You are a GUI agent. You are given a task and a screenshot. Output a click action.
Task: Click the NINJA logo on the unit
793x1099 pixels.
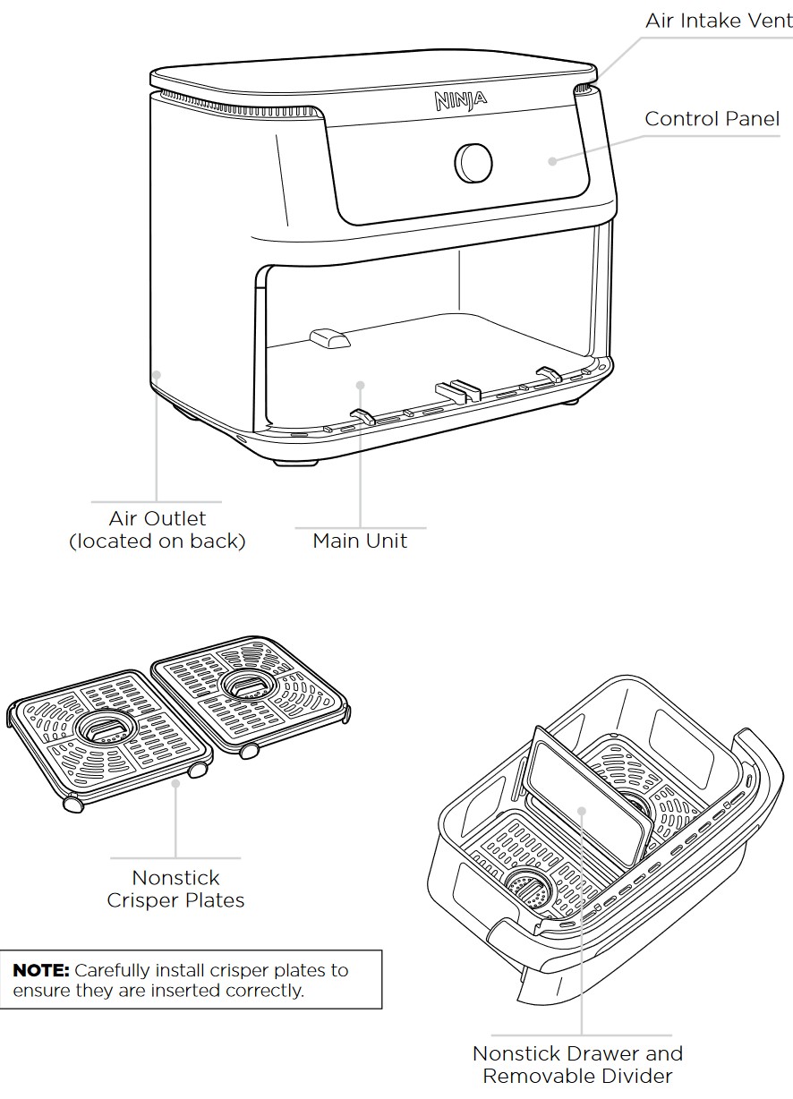click(x=461, y=99)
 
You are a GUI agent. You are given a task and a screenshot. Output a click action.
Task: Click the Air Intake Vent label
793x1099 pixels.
click(x=719, y=21)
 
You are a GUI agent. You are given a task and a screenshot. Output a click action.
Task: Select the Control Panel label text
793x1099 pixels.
click(x=712, y=119)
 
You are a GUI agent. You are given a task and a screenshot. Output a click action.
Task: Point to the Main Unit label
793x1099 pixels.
click(x=360, y=541)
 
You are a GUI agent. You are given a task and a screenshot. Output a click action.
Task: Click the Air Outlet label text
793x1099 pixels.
click(x=158, y=519)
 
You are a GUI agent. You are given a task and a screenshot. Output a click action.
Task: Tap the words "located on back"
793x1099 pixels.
click(x=158, y=541)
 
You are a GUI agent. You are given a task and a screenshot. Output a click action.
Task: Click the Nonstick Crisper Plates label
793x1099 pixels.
click(x=175, y=889)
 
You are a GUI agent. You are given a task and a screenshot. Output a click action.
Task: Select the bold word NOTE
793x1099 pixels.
click(x=40, y=970)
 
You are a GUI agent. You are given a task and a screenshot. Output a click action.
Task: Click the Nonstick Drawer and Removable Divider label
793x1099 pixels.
click(x=577, y=1065)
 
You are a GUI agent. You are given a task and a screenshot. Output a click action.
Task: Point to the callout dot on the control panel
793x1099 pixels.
click(x=552, y=161)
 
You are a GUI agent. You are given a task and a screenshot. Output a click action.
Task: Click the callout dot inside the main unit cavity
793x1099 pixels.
click(x=360, y=385)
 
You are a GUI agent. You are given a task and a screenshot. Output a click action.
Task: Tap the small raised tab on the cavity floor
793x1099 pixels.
click(x=328, y=338)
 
